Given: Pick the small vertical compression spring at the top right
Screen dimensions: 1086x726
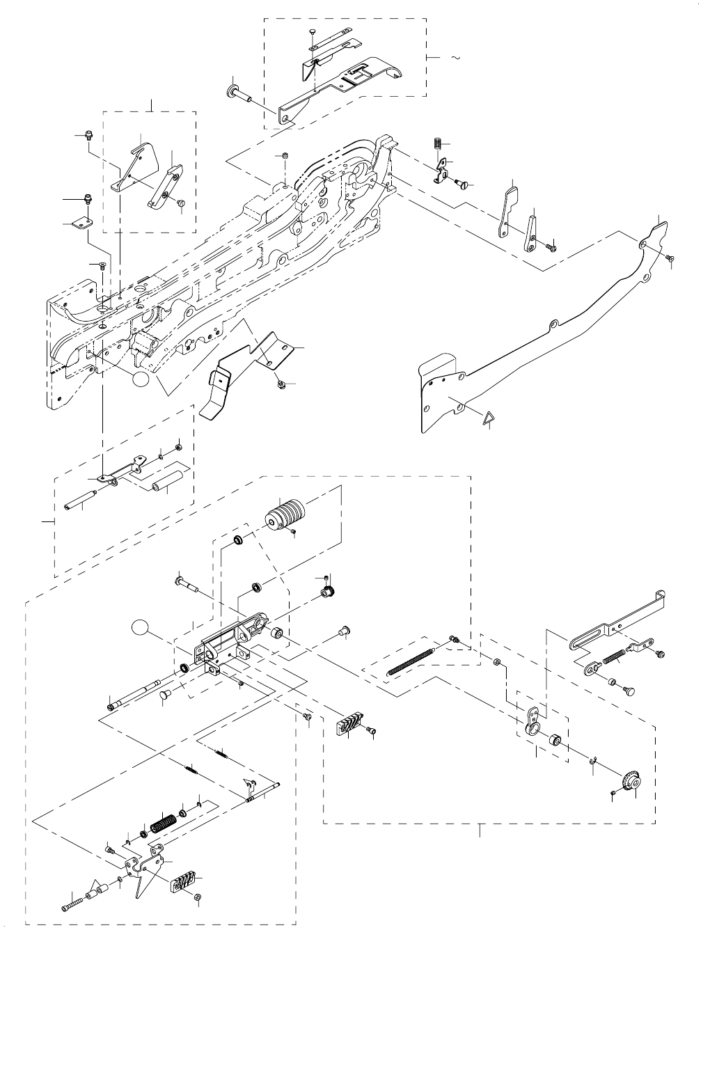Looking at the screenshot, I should pos(437,143).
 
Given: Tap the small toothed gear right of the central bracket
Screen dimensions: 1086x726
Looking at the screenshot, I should pos(324,593).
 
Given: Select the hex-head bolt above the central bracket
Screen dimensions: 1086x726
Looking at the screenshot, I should pos(182,581).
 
